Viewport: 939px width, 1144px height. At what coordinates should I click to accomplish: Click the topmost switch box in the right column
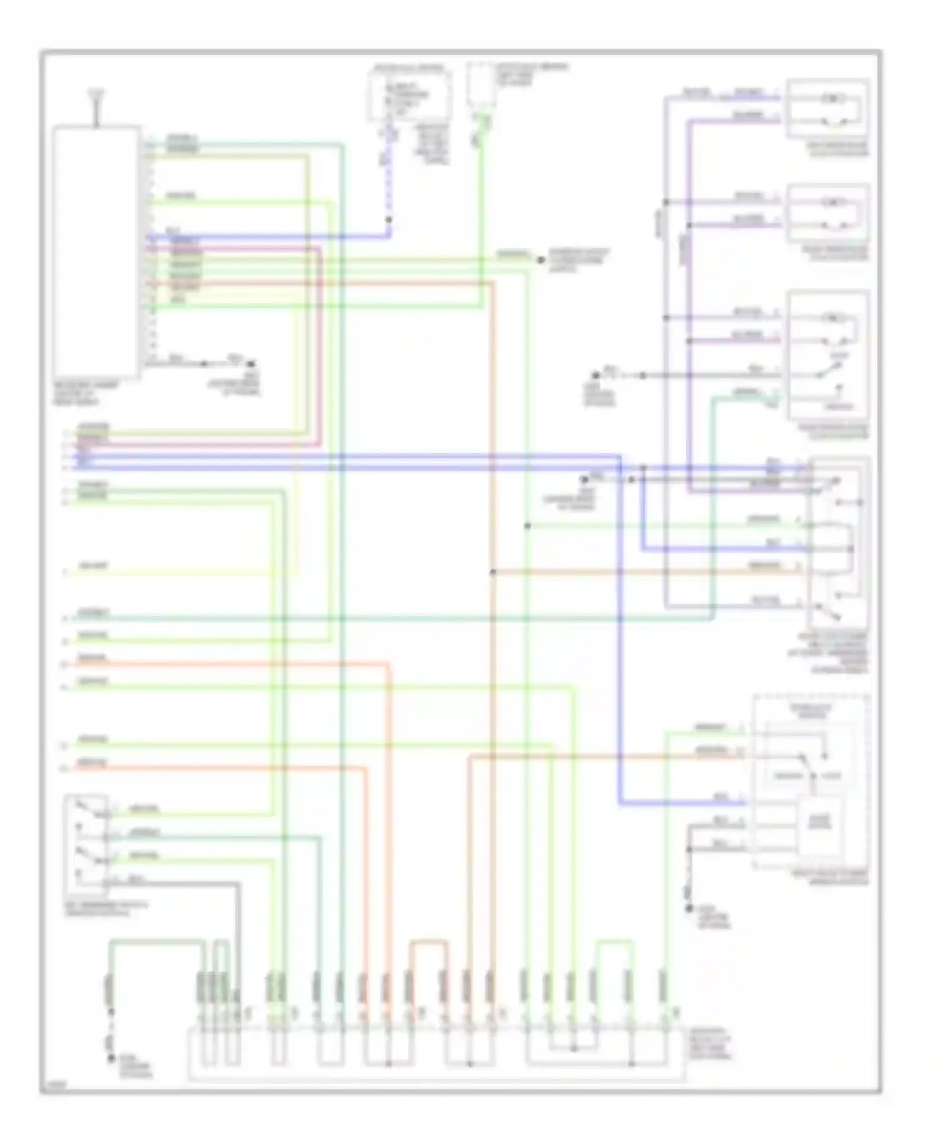[x=828, y=108]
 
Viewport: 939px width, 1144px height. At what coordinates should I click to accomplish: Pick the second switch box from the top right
[x=828, y=213]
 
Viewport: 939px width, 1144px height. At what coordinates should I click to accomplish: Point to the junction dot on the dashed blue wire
[x=388, y=220]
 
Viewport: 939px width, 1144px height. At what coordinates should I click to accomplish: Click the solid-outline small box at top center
[x=409, y=95]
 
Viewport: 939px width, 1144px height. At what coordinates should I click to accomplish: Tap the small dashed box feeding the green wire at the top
[x=481, y=86]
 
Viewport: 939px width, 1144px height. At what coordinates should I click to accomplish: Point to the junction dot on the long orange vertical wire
[x=493, y=571]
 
